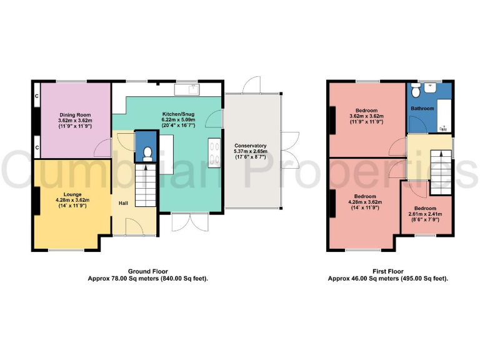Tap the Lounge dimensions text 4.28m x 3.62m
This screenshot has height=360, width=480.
72,199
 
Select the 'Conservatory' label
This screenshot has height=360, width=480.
250,145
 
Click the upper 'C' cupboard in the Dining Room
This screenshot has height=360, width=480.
37,96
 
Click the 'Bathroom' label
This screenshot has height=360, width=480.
422,108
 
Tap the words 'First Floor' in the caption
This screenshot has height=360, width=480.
387,272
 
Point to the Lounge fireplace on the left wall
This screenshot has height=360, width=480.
37,199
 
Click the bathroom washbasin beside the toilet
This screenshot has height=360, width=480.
414,89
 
